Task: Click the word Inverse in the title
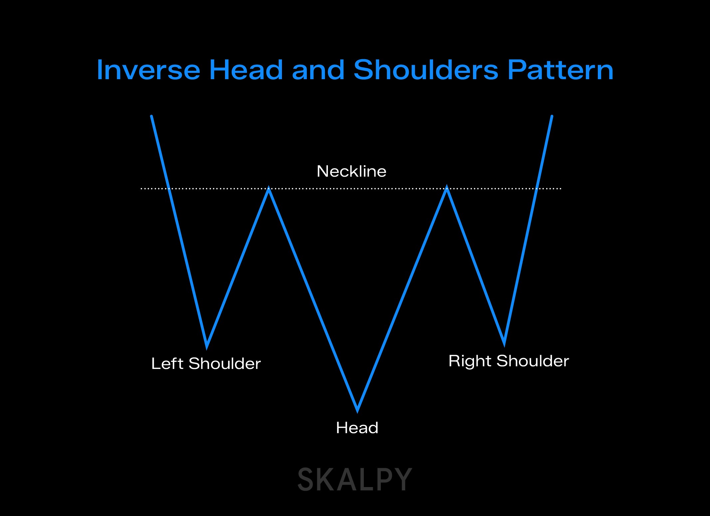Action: (148, 70)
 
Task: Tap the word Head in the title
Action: (246, 70)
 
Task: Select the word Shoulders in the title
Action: (426, 70)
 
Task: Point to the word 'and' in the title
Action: (318, 70)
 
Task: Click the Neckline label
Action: (352, 171)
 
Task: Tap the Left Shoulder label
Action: (206, 363)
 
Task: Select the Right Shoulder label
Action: (509, 361)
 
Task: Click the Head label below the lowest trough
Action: (357, 428)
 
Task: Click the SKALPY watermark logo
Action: (355, 479)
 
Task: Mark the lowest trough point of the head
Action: (357, 411)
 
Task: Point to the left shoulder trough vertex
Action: (207, 347)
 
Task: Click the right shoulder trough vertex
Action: (504, 344)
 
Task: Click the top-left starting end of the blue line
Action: (152, 116)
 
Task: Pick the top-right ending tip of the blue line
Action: (552, 116)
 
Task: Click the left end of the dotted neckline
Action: (141, 189)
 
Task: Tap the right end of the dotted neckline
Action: (561, 189)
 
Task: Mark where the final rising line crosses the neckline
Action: (537, 189)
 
